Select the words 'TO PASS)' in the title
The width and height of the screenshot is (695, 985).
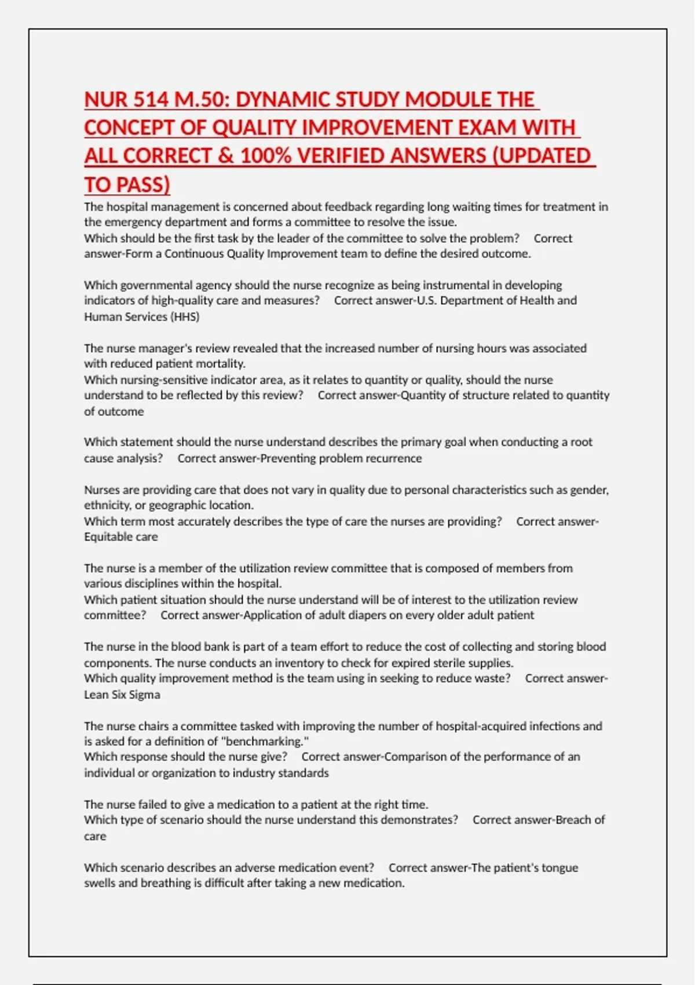point(127,185)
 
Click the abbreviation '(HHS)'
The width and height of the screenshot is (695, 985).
point(184,316)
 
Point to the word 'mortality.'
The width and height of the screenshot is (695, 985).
point(221,364)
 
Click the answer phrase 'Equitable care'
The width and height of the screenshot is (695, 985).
point(120,537)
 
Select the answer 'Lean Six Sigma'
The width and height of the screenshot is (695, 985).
point(122,694)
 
